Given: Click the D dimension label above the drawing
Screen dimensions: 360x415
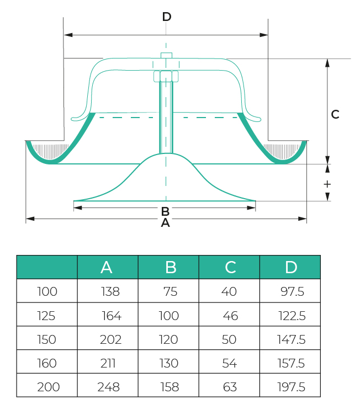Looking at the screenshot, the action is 167,17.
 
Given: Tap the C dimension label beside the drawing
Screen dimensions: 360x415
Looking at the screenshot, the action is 335,114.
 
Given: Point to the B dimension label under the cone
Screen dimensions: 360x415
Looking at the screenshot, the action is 165,211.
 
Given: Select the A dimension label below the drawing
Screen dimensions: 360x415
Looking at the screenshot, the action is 165,223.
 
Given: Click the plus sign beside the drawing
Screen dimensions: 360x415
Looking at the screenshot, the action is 327,184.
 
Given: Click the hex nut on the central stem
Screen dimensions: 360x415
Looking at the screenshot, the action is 166,76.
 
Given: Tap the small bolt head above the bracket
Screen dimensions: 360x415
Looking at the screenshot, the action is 166,55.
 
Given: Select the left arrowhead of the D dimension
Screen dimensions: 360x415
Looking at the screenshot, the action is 68,35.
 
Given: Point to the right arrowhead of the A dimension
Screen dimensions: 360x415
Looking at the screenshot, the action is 302,219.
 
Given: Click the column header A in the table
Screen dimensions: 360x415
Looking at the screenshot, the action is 107,267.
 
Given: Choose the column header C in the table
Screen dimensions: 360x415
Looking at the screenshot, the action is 230,267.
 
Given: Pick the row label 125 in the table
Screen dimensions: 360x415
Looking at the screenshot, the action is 46,316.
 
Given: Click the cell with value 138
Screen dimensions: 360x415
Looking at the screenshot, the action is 110,292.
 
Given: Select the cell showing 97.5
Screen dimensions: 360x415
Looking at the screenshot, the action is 292,292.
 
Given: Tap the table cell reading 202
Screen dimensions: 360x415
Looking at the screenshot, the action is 110,339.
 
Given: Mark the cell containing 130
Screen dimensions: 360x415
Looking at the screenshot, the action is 169,363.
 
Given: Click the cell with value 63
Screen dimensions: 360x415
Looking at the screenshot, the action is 230,387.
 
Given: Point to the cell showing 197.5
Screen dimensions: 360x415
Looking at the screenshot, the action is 291,387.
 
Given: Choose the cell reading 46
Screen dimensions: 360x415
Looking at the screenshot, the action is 230,316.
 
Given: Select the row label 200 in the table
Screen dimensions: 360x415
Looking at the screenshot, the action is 48,387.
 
